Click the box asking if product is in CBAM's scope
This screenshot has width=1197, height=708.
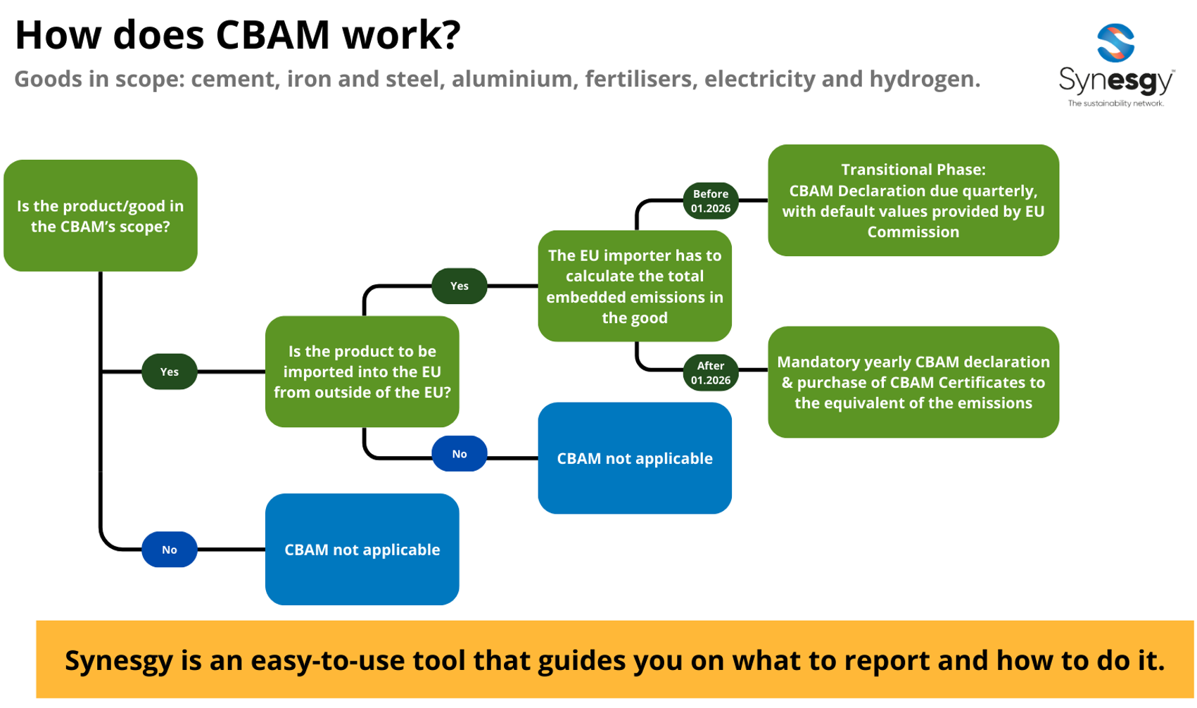(x=100, y=215)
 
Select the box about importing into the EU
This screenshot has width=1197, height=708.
(x=362, y=372)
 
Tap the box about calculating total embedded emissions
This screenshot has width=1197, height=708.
(x=634, y=286)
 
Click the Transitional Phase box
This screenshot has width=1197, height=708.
(x=913, y=201)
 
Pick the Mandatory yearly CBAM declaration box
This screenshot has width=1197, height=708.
(x=913, y=382)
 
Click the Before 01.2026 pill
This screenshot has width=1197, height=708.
(x=710, y=201)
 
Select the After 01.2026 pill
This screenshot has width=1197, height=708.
(x=710, y=372)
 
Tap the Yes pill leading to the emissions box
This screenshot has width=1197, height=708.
(x=459, y=286)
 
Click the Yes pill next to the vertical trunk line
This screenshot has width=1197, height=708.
(x=169, y=372)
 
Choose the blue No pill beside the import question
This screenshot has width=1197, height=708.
(x=459, y=454)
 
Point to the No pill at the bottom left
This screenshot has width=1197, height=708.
(x=169, y=550)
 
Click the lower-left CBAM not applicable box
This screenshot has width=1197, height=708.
(x=362, y=550)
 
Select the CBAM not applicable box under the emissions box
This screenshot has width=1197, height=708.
(x=634, y=458)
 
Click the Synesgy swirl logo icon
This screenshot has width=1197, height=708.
(x=1115, y=42)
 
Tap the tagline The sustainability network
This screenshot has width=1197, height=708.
(x=1115, y=103)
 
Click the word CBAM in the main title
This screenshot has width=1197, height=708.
(x=273, y=34)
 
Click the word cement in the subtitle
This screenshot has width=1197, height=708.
(x=232, y=79)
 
